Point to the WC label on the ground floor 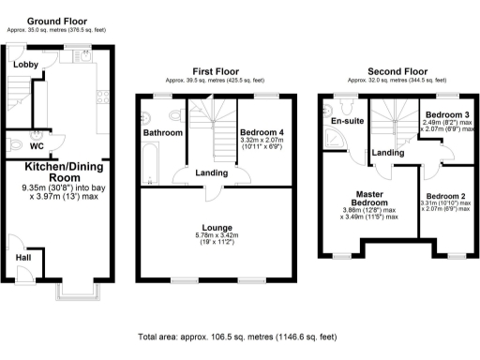pyautogui.click(x=37, y=147)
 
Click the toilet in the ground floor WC pyautogui.click(x=13, y=143)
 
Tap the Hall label pyautogui.click(x=24, y=257)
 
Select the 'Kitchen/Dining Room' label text pyautogui.click(x=65, y=171)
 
